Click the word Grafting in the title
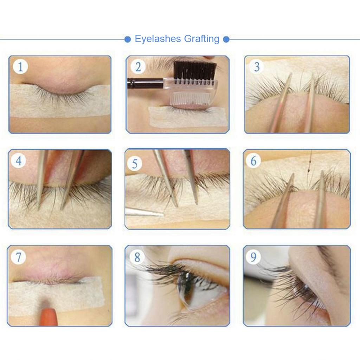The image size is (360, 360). (x=200, y=39)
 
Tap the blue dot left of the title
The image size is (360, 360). (x=128, y=39)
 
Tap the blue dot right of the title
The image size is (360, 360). (x=226, y=39)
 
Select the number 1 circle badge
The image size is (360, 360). (x=20, y=67)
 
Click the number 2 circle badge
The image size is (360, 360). (x=138, y=67)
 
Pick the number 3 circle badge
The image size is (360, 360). (x=257, y=67)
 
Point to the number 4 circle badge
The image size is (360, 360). (x=19, y=161)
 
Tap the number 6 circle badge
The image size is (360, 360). (x=253, y=161)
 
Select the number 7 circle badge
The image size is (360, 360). (x=18, y=257)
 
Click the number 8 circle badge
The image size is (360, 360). (x=137, y=257)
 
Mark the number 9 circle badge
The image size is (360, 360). (x=253, y=257)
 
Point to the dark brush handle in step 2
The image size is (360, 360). (x=144, y=83)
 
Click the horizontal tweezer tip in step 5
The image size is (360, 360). (x=142, y=212)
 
